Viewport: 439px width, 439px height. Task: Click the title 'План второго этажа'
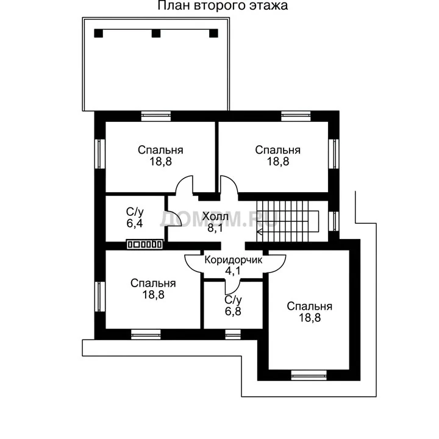click(x=223, y=5)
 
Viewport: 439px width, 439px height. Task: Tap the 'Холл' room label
click(x=215, y=216)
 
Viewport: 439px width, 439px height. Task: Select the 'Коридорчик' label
click(x=233, y=260)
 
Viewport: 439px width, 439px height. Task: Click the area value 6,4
click(x=135, y=223)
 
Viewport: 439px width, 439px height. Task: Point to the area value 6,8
click(x=233, y=311)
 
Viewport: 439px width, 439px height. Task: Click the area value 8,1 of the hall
click(x=215, y=228)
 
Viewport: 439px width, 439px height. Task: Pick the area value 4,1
click(x=233, y=271)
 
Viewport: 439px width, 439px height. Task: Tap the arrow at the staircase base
click(x=259, y=232)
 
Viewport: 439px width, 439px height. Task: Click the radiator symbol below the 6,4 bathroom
click(x=145, y=244)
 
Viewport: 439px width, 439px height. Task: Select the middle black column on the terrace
click(x=156, y=34)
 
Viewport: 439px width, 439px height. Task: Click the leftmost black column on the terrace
click(x=99, y=34)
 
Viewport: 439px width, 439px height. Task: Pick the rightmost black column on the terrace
click(x=213, y=34)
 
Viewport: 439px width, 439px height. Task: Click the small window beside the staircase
click(x=334, y=221)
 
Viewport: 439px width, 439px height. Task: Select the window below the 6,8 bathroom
click(x=233, y=334)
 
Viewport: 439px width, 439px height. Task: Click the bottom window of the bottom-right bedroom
click(x=309, y=375)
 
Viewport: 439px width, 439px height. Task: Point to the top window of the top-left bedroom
click(x=156, y=116)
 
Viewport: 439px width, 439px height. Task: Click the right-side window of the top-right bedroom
click(x=334, y=154)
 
